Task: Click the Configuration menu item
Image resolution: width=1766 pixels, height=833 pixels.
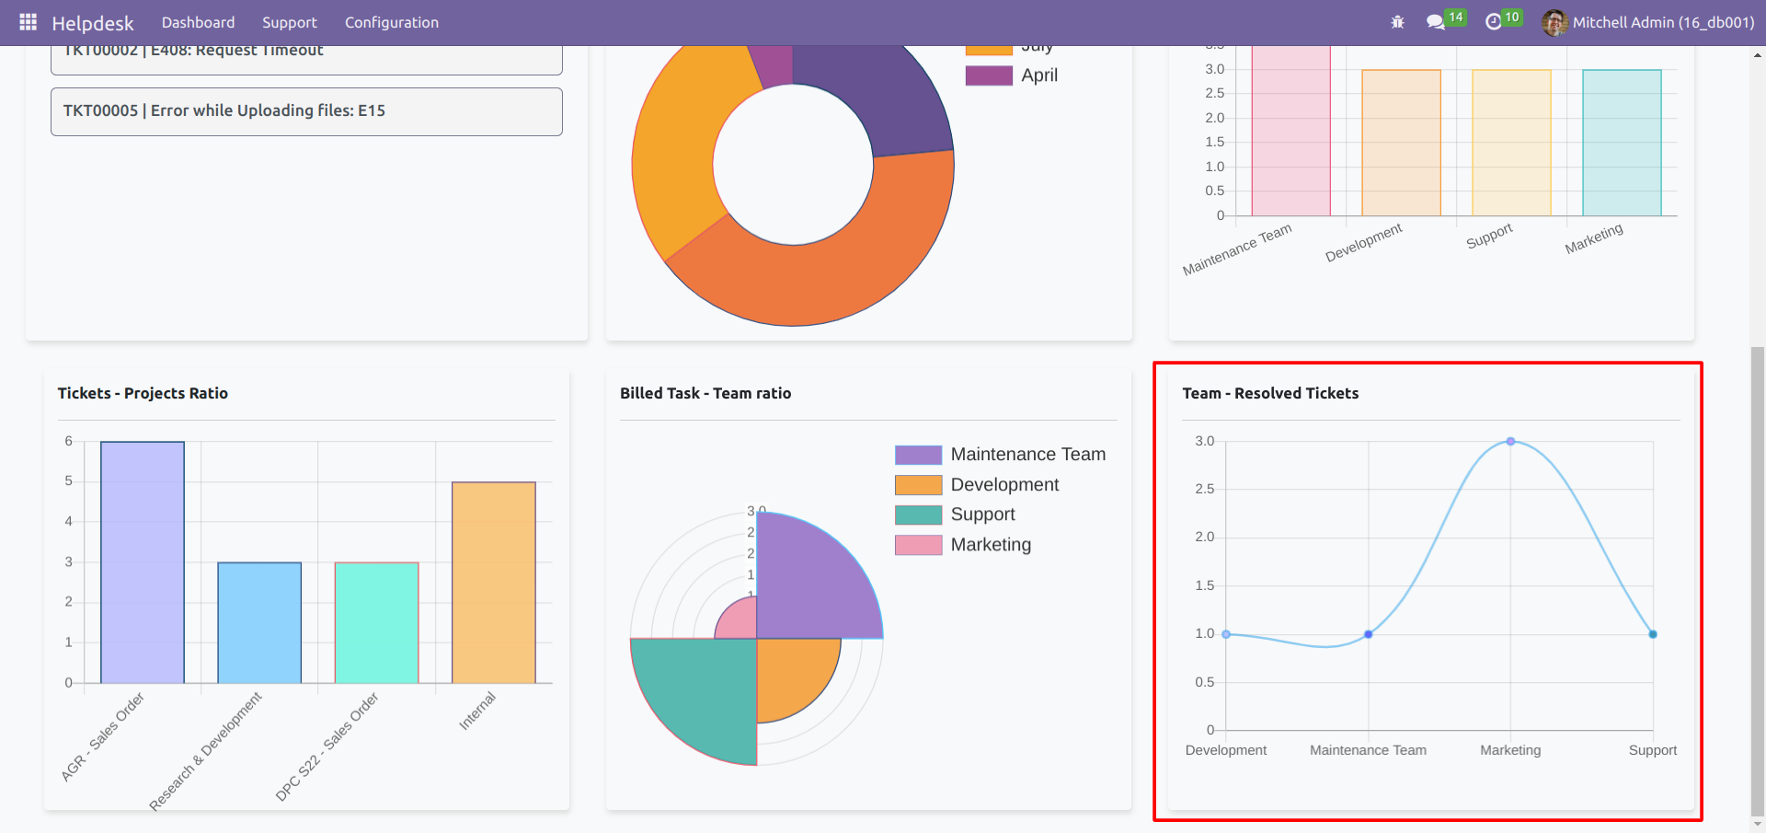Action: (x=391, y=22)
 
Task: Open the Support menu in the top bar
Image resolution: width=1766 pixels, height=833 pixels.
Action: (x=289, y=22)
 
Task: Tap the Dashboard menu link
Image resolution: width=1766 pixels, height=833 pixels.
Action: (x=198, y=22)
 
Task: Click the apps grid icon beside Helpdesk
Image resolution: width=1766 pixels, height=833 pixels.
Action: (x=28, y=22)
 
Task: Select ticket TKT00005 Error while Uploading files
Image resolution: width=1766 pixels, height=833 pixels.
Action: (x=306, y=111)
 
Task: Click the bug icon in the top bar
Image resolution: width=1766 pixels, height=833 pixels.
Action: (x=1397, y=22)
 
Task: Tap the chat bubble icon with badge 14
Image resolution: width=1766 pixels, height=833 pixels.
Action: (x=1435, y=22)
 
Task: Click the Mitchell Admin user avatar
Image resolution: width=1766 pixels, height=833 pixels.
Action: (x=1554, y=22)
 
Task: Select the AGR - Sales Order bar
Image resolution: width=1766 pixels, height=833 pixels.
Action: (x=143, y=561)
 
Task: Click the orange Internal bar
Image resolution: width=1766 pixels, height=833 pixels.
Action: (x=494, y=582)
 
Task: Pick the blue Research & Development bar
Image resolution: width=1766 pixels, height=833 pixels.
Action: (x=259, y=622)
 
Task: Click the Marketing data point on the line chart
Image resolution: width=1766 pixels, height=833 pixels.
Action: (x=1510, y=442)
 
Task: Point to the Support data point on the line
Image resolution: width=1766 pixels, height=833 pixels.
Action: (x=1653, y=634)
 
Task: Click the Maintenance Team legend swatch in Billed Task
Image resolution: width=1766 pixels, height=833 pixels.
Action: (x=918, y=455)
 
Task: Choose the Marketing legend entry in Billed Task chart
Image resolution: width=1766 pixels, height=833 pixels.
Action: (x=990, y=545)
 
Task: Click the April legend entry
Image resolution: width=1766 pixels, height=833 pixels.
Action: (x=1038, y=75)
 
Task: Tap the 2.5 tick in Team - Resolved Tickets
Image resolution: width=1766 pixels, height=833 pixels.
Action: (x=1204, y=489)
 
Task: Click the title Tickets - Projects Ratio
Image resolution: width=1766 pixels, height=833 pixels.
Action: (x=143, y=393)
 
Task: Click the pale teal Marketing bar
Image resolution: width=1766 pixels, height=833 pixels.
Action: (x=1622, y=143)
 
